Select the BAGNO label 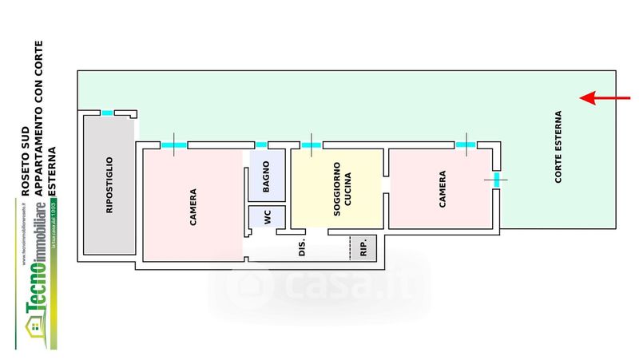tap(266, 180)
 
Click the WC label tap(257, 218)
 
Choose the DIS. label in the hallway tap(303, 249)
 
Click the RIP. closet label tap(364, 249)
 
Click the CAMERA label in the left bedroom tap(193, 206)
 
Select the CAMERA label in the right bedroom tap(443, 190)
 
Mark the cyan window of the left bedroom tap(173, 144)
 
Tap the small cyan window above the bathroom tap(261, 144)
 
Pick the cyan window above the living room tap(312, 144)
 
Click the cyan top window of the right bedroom tap(465, 144)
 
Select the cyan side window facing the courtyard tap(497, 180)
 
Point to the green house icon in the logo tap(36, 327)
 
